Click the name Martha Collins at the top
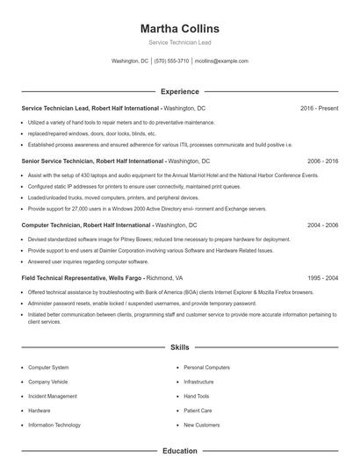click(x=179, y=29)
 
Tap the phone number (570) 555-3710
click(x=171, y=61)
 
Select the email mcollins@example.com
click(x=221, y=61)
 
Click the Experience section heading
click(x=179, y=91)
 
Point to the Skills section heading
click(x=179, y=347)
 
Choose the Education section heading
click(x=179, y=451)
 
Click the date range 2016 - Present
click(x=319, y=108)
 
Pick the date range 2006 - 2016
click(x=322, y=161)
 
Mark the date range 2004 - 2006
click(x=322, y=225)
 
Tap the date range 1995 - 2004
click(x=322, y=277)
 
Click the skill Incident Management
click(x=53, y=396)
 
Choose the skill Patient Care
click(x=198, y=410)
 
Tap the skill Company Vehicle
click(x=47, y=382)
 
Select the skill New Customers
click(x=202, y=425)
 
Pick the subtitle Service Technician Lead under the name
click(x=179, y=42)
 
